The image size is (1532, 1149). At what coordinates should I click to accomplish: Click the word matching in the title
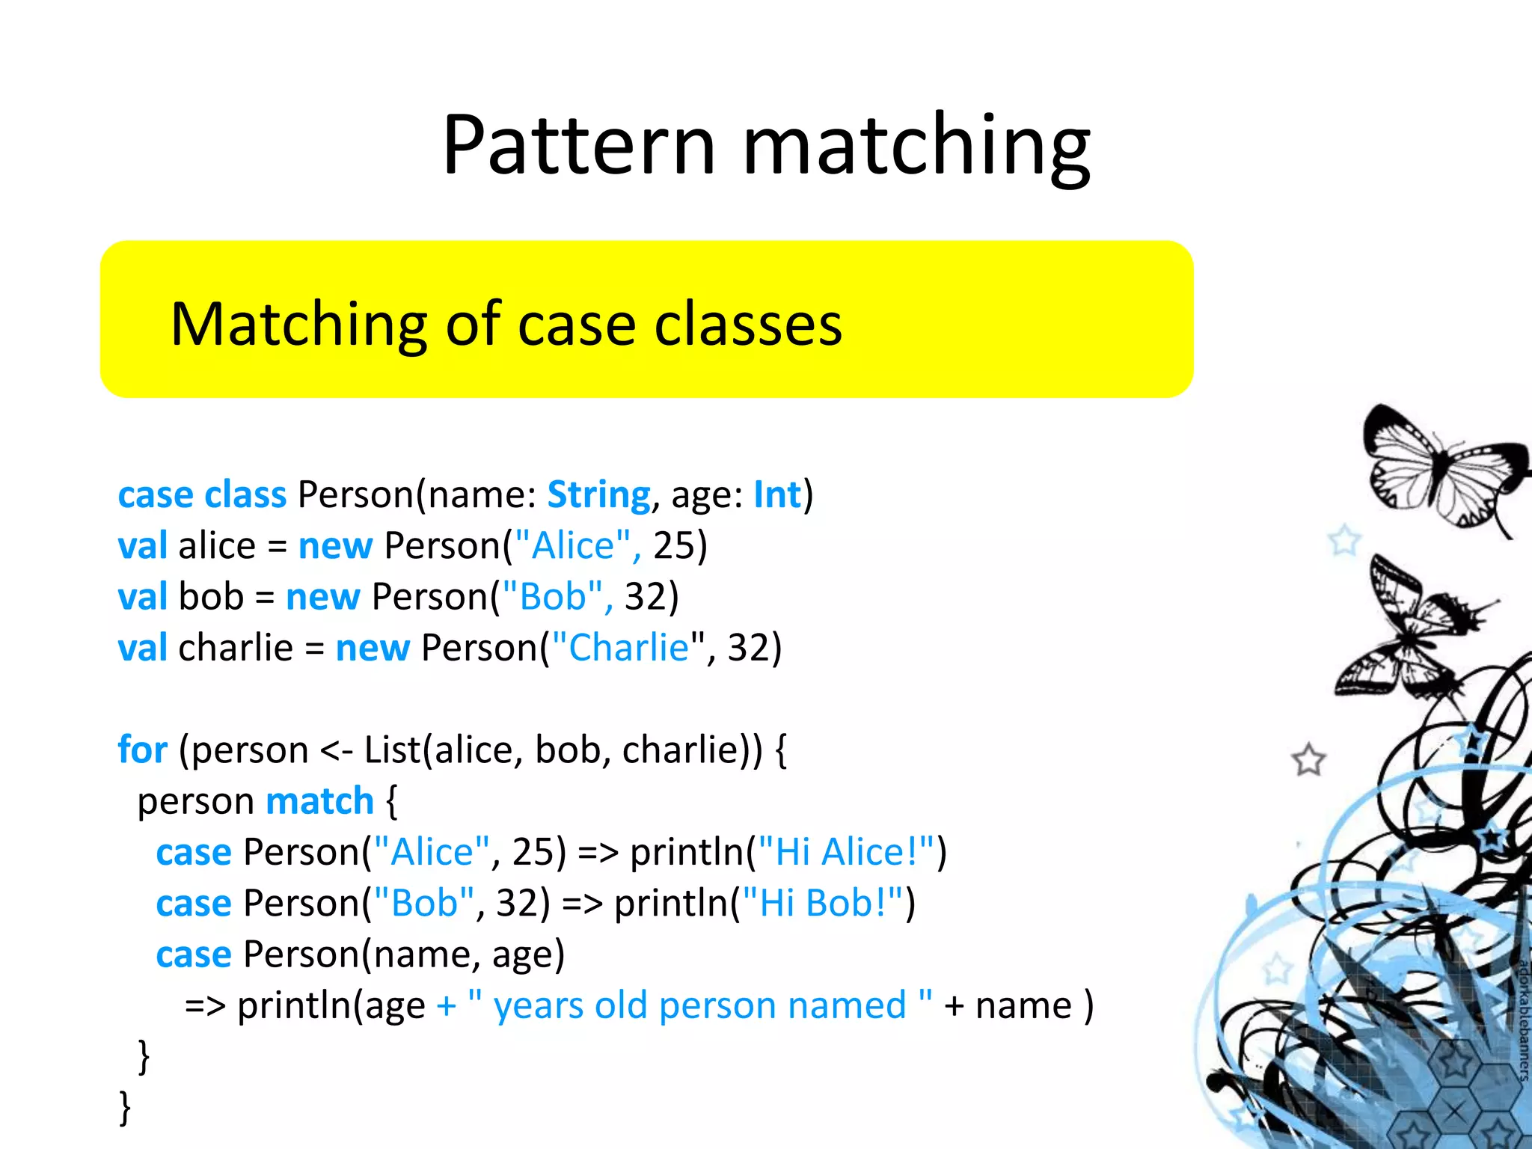(x=916, y=146)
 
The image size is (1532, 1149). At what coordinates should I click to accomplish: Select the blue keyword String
(x=598, y=495)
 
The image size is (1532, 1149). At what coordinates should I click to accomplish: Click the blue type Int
(x=776, y=495)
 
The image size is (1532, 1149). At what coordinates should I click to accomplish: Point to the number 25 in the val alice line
(x=674, y=546)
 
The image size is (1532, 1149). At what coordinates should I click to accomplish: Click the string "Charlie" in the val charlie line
(x=628, y=648)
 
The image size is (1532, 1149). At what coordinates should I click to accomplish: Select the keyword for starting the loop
(x=142, y=750)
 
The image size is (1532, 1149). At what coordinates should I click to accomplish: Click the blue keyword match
(x=319, y=801)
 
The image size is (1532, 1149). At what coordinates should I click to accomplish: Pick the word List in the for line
(x=392, y=750)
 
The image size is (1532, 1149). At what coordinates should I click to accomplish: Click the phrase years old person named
(x=699, y=1005)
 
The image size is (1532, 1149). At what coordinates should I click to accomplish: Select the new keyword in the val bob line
(x=323, y=597)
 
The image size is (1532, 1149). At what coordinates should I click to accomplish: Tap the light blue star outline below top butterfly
(x=1344, y=540)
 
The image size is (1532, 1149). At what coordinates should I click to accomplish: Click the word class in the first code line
(x=245, y=495)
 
